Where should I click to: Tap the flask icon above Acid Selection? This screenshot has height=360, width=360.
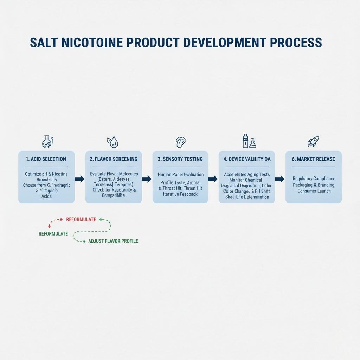(x=47, y=142)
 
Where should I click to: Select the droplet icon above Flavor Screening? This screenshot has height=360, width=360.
(x=112, y=142)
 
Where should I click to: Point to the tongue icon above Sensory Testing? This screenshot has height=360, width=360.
(x=180, y=142)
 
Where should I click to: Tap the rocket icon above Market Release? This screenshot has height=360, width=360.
(x=313, y=142)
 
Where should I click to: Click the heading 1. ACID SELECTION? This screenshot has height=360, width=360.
(x=46, y=159)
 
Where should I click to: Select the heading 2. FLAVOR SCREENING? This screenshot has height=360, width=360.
(x=114, y=159)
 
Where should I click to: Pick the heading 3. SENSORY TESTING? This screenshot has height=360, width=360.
(x=180, y=159)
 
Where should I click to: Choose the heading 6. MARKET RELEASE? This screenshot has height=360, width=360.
(x=313, y=159)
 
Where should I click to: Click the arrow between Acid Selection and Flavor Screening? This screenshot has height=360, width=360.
(x=80, y=179)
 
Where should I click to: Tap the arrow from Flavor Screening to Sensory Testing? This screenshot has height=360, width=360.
(x=147, y=179)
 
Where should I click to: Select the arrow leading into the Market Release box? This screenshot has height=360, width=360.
(x=279, y=179)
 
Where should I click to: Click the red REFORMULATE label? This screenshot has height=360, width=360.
(x=81, y=220)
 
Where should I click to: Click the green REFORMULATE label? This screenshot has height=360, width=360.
(x=53, y=234)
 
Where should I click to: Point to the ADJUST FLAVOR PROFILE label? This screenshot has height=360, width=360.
(x=113, y=241)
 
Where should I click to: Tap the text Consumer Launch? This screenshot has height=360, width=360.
(x=314, y=191)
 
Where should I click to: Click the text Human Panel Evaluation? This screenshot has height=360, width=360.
(x=180, y=174)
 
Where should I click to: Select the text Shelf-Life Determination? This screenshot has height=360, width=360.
(x=247, y=197)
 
